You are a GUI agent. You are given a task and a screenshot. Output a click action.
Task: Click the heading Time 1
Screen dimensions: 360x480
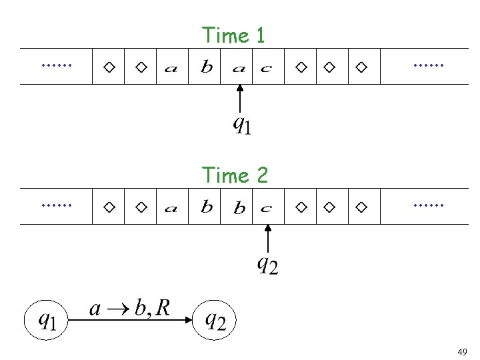point(233,35)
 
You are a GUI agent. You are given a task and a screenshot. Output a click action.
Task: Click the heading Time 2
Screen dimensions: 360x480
point(235,175)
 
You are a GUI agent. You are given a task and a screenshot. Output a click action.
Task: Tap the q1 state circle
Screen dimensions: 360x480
point(47,321)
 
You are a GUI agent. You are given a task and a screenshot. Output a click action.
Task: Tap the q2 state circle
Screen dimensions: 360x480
point(215,321)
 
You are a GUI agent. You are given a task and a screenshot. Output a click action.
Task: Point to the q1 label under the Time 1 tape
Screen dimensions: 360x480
point(241,124)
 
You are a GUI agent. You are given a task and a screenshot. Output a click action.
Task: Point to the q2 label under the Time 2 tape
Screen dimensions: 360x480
point(267,265)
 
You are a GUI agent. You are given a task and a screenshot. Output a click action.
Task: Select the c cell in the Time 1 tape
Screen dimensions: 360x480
point(266,67)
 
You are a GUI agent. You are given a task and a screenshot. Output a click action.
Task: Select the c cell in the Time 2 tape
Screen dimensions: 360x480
point(266,208)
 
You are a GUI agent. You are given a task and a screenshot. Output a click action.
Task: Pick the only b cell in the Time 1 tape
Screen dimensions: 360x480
point(207,67)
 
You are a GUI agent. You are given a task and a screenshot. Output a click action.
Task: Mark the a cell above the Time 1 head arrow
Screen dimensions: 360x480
point(239,67)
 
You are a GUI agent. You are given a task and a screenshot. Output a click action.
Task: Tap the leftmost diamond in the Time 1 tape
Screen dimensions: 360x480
point(109,67)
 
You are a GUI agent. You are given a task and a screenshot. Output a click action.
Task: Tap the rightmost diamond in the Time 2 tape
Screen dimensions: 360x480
point(361,208)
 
